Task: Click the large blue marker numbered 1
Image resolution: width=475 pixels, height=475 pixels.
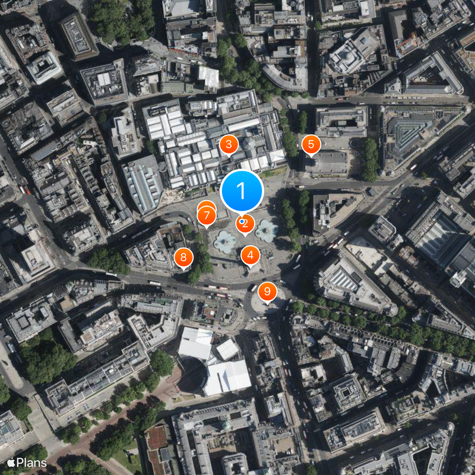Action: point(242,191)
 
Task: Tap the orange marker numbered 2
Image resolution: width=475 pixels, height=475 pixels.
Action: point(245,224)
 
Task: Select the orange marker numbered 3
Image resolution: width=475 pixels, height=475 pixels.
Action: point(229,144)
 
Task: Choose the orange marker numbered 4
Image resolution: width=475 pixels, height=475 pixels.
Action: point(251,255)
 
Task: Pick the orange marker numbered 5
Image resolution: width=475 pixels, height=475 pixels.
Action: point(311,144)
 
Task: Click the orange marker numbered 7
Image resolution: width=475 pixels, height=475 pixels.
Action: point(207,216)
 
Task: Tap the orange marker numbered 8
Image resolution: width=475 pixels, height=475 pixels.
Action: point(183,257)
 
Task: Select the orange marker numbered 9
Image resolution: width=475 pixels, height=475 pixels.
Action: point(267,291)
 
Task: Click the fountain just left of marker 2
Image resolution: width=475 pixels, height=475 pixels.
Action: point(225,241)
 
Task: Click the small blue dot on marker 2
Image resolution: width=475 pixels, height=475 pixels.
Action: point(241,221)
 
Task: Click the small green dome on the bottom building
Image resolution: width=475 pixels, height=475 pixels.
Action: point(226,425)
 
